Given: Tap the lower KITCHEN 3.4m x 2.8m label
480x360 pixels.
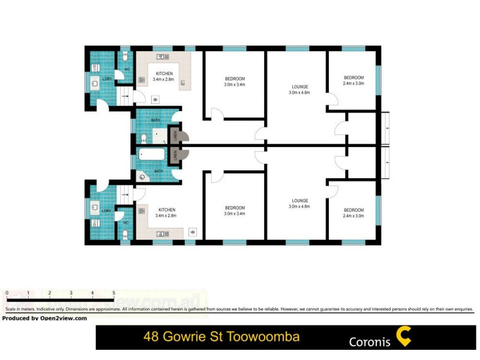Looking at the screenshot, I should pyautogui.click(x=166, y=212).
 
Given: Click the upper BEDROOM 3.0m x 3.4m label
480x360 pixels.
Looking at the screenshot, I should pyautogui.click(x=235, y=82).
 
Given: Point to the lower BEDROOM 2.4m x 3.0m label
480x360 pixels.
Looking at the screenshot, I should pyautogui.click(x=353, y=212).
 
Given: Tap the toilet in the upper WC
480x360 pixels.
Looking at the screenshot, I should pyautogui.click(x=125, y=58).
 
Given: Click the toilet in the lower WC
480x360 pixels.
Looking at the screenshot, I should pyautogui.click(x=125, y=235).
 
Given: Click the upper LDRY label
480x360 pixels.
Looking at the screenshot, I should pyautogui.click(x=107, y=79).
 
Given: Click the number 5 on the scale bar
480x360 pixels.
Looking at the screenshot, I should pyautogui.click(x=113, y=293).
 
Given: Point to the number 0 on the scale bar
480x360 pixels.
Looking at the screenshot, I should pyautogui.click(x=7, y=293).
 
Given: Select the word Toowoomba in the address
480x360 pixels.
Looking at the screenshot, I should pyautogui.click(x=265, y=337).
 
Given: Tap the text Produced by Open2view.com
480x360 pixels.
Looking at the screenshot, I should pyautogui.click(x=44, y=319).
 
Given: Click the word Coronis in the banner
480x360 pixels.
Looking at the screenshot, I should pyautogui.click(x=370, y=342).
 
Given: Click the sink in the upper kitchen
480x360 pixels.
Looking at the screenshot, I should pyautogui.click(x=163, y=57).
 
